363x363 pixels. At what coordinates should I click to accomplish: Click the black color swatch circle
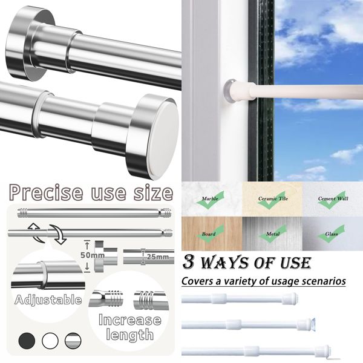click(x=27, y=340)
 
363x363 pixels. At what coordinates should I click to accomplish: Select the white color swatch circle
click(x=50, y=340)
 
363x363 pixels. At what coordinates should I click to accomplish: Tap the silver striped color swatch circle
click(x=72, y=340)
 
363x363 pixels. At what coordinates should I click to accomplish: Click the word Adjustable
click(x=48, y=299)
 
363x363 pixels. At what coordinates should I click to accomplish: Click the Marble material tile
click(x=212, y=198)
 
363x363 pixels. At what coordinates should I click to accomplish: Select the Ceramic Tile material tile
click(x=272, y=198)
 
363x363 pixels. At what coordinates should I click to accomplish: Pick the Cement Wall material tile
click(x=333, y=198)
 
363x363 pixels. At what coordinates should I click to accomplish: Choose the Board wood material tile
click(x=212, y=234)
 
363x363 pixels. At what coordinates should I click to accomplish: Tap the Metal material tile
click(x=272, y=234)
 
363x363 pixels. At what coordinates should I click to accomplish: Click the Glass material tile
click(x=333, y=234)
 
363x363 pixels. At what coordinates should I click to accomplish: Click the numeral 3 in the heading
click(x=189, y=263)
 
